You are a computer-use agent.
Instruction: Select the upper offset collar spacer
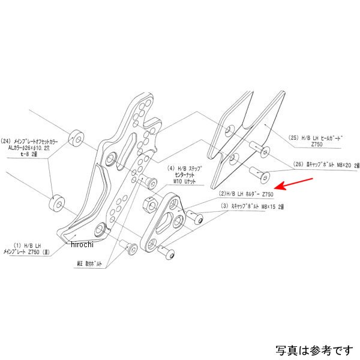click(77, 137)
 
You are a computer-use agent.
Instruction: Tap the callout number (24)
click(10, 140)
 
